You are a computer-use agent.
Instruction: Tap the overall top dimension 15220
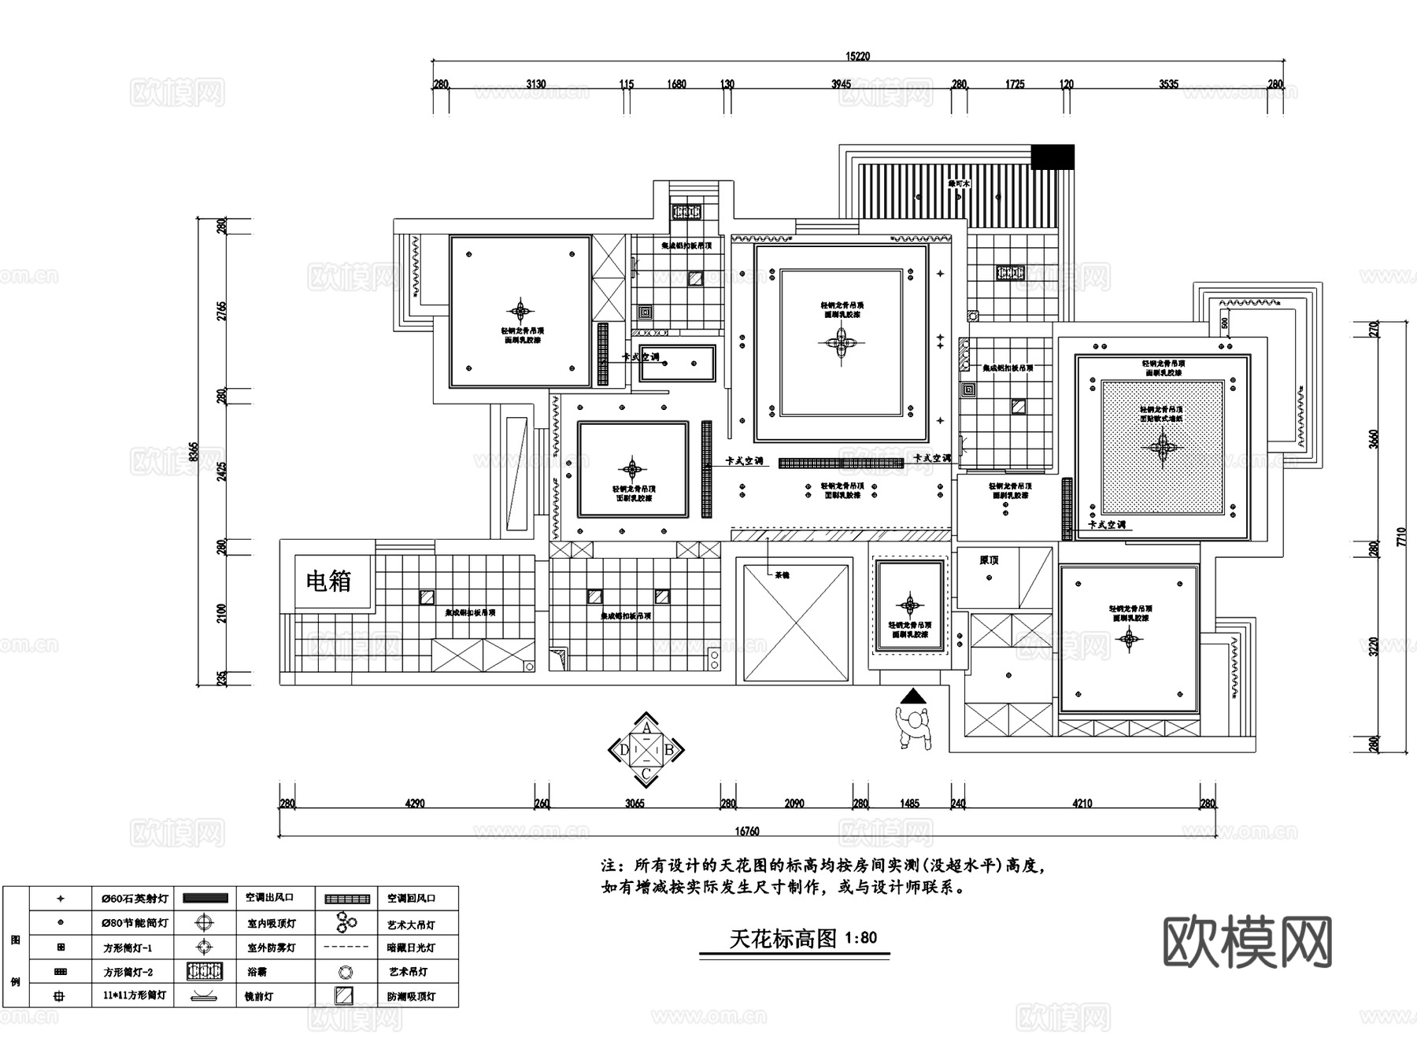pyautogui.click(x=857, y=57)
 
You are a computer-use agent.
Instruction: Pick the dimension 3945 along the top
pyautogui.click(x=842, y=84)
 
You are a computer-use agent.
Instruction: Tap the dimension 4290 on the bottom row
pyautogui.click(x=414, y=803)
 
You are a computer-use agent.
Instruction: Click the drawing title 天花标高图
pyautogui.click(x=782, y=938)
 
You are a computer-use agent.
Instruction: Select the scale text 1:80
pyautogui.click(x=860, y=938)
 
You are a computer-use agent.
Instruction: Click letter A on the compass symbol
pyautogui.click(x=646, y=728)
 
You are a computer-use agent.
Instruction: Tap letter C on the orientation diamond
pyautogui.click(x=646, y=774)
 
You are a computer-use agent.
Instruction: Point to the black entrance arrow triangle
pyautogui.click(x=912, y=696)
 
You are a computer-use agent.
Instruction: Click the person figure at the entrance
pyautogui.click(x=914, y=727)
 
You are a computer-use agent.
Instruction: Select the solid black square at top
pyautogui.click(x=1053, y=156)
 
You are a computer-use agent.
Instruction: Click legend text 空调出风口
pyautogui.click(x=269, y=898)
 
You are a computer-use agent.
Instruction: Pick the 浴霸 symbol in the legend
pyautogui.click(x=205, y=971)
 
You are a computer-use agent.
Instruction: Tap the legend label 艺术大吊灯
pyautogui.click(x=411, y=925)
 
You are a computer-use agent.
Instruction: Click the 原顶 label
pyautogui.click(x=989, y=560)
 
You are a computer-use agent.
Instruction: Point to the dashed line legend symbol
pyautogui.click(x=346, y=947)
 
